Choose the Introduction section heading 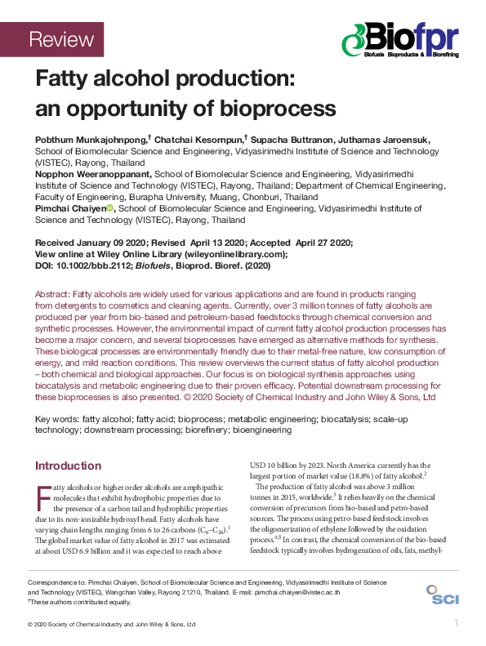(x=68, y=466)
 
